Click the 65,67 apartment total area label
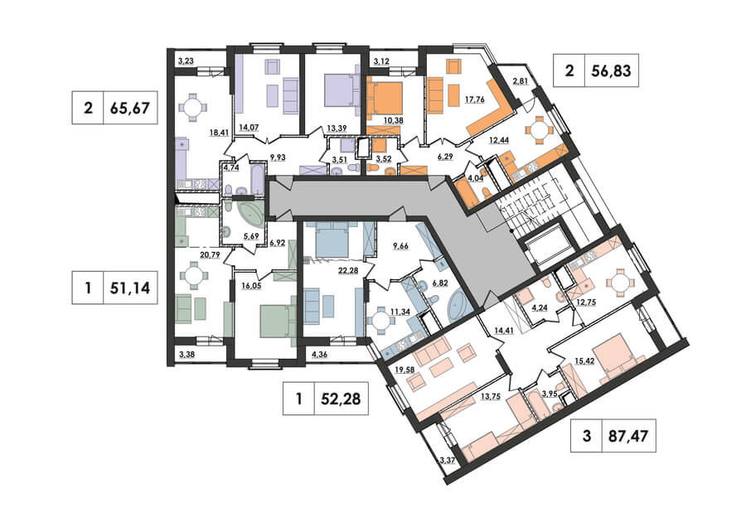pyautogui.click(x=130, y=108)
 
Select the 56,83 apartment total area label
pyautogui.click(x=612, y=70)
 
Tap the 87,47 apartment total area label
pyautogui.click(x=628, y=435)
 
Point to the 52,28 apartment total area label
pyautogui.click(x=341, y=398)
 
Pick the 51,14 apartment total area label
pyautogui.click(x=130, y=288)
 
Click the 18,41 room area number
pyautogui.click(x=218, y=133)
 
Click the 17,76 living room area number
pyautogui.click(x=474, y=100)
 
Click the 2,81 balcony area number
pyautogui.click(x=520, y=81)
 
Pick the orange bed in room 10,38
pyautogui.click(x=385, y=97)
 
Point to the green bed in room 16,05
pyautogui.click(x=277, y=321)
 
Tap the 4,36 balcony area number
pyautogui.click(x=320, y=353)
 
